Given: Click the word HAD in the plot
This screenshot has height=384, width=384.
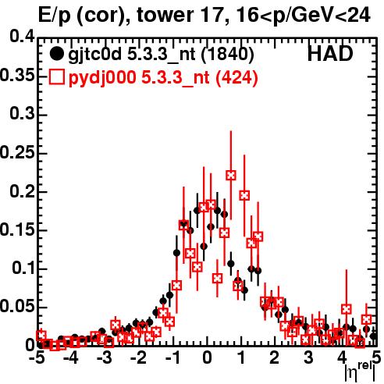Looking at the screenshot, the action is [330, 54].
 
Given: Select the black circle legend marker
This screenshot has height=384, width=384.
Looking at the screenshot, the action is [56, 54].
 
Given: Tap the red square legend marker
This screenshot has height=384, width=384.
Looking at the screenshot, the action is [56, 76].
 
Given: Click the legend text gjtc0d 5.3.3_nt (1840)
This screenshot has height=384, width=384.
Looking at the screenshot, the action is [161, 55].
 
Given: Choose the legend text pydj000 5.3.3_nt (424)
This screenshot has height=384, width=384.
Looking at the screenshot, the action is [163, 77].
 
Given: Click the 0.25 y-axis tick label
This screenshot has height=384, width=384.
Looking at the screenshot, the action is [17, 152].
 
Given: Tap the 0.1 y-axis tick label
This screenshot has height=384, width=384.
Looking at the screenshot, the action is [23, 268].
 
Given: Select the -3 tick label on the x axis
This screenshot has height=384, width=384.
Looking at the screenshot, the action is [105, 357].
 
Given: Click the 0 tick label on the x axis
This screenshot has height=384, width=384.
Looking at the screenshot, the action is [207, 357].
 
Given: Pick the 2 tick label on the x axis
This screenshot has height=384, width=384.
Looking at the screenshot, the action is [275, 357].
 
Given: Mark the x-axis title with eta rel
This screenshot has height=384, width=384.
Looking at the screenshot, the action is [360, 372].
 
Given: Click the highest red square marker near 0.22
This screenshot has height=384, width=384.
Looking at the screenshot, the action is [231, 175].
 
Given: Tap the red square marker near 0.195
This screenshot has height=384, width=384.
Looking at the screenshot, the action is [244, 195].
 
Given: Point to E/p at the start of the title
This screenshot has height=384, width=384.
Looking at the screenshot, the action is [55, 16].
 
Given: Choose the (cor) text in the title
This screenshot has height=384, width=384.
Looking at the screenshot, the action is [103, 16].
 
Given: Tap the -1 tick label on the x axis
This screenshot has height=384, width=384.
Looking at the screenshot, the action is [173, 357].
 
